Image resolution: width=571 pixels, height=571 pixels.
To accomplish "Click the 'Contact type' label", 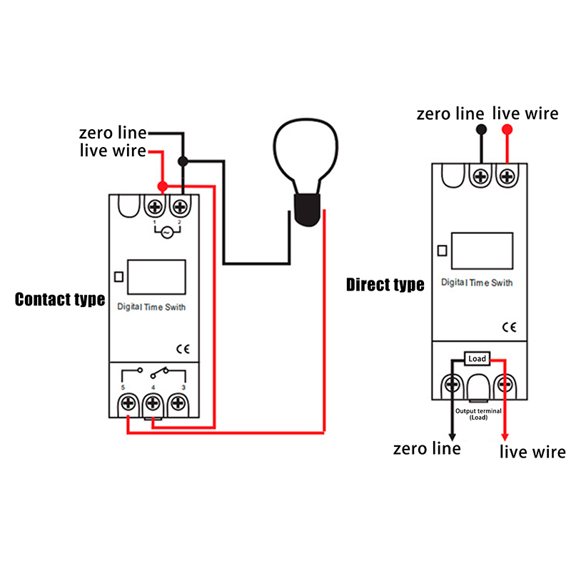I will pos(60,299).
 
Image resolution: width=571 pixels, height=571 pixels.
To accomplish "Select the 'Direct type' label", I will pos(385,285).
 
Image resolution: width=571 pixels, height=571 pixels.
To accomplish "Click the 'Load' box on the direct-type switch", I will pos(477,358).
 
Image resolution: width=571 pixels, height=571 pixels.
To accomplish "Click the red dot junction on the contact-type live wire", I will pos(163,187).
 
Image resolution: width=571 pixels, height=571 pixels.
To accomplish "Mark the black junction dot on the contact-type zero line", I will pos(183,161).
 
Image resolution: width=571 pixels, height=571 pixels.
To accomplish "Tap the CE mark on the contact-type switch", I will pos(182,349).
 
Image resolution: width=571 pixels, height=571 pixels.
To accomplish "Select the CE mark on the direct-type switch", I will pos(509,328).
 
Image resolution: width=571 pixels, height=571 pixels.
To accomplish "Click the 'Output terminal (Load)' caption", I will pos(478,415).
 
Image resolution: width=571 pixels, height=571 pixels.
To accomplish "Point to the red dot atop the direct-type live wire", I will pos(507,130).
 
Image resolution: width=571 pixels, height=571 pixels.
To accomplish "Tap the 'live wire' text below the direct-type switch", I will pos(532,452).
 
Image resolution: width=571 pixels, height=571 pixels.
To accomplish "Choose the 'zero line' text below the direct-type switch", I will pos(427,448).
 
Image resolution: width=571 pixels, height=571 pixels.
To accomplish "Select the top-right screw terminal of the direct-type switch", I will pos(507,176).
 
